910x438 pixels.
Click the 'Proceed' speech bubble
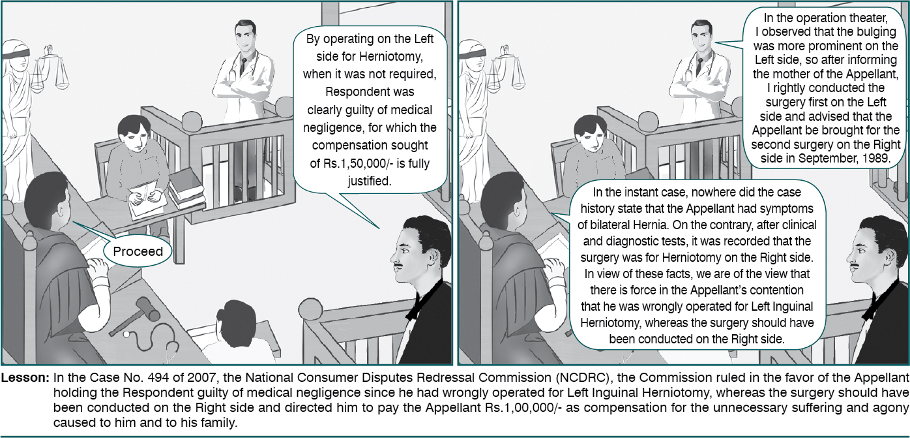[x=138, y=251]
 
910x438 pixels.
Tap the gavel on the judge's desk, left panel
[x=135, y=315]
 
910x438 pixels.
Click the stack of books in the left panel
[x=186, y=188]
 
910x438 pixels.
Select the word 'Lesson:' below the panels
[x=25, y=378]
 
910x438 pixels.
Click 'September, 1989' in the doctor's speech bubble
[x=844, y=159]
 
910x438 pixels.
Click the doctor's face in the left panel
[x=245, y=37]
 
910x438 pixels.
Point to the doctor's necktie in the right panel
[x=699, y=66]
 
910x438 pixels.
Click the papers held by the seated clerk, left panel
[x=145, y=200]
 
